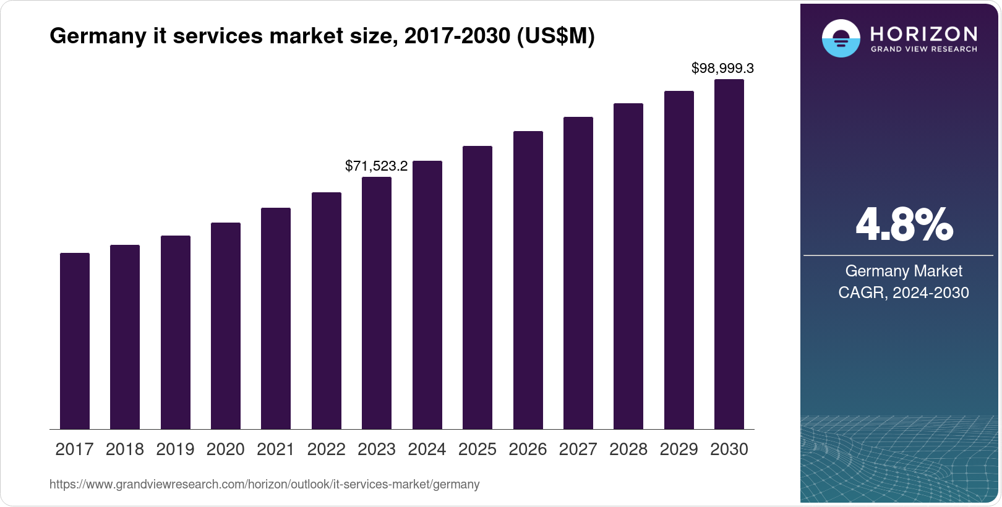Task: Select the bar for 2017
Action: [x=75, y=341]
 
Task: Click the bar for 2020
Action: [x=226, y=326]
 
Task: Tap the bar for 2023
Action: [x=377, y=303]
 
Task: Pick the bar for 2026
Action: [x=528, y=280]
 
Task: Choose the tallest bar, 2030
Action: [x=729, y=254]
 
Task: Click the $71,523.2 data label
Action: [x=376, y=166]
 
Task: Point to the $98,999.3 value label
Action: [x=722, y=68]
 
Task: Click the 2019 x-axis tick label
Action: [x=175, y=449]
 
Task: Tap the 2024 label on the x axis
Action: [x=427, y=449]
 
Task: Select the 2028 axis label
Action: [x=628, y=449]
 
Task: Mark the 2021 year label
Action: [x=276, y=449]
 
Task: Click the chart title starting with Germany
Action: [x=322, y=36]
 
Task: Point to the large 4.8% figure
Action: [x=904, y=224]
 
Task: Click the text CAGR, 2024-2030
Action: [x=904, y=292]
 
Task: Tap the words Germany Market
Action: [x=904, y=271]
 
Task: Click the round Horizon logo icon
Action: [x=841, y=38]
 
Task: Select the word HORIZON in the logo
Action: [x=923, y=33]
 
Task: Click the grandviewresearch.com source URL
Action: [x=264, y=484]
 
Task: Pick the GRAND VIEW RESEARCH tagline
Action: [x=923, y=49]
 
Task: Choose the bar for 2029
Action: [x=679, y=260]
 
